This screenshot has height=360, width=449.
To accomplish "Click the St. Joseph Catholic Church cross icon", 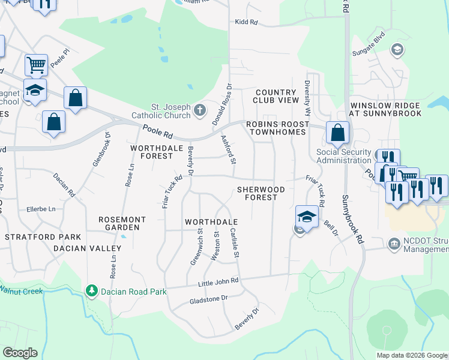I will click(200, 110).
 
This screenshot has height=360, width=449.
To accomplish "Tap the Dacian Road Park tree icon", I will click(91, 292).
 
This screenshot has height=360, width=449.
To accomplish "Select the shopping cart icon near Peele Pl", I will click(36, 64).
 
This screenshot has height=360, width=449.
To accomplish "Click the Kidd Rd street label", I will click(246, 22).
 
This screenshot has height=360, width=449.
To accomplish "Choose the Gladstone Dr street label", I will click(208, 298).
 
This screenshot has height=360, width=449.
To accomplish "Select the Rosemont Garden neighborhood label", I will click(119, 223).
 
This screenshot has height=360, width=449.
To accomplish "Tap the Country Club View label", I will click(276, 96).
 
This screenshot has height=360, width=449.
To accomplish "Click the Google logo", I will click(20, 353).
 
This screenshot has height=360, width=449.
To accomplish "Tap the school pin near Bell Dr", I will click(306, 217).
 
